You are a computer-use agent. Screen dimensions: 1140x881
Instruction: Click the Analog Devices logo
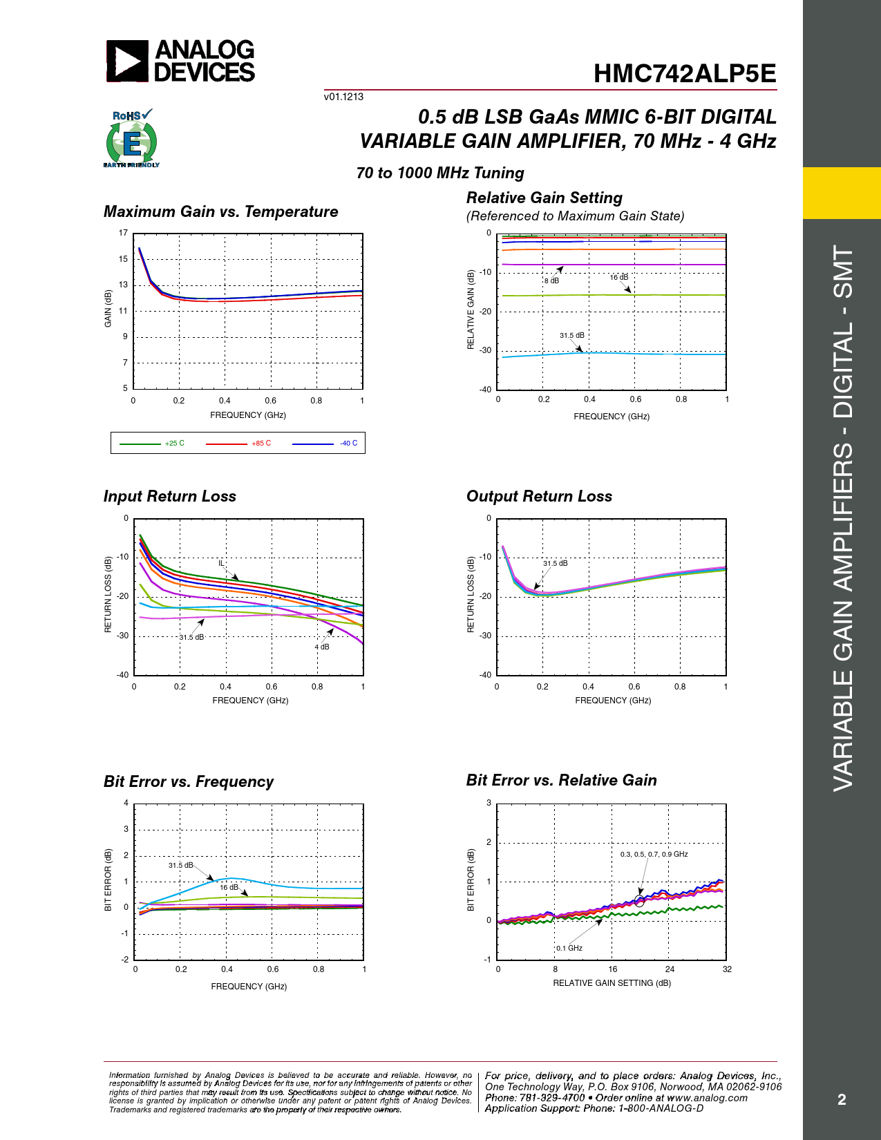click(x=180, y=61)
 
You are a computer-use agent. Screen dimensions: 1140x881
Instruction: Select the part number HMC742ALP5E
click(x=684, y=74)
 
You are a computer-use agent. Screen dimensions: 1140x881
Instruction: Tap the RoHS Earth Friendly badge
click(x=131, y=139)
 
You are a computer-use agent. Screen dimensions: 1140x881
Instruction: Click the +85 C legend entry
click(x=261, y=444)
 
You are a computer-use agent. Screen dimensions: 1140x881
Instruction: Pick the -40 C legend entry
click(x=349, y=444)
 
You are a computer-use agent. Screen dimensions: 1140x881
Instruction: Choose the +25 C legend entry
click(x=175, y=444)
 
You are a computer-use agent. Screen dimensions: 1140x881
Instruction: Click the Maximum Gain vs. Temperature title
click(x=221, y=212)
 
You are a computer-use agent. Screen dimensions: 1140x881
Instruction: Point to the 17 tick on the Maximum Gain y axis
click(x=123, y=233)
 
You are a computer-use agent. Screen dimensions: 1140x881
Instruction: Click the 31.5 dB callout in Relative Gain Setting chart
click(x=571, y=336)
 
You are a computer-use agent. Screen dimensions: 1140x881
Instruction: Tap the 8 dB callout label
click(x=551, y=281)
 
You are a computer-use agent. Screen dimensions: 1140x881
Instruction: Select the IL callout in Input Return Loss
click(x=222, y=563)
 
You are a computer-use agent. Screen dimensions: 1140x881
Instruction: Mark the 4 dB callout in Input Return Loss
click(x=322, y=647)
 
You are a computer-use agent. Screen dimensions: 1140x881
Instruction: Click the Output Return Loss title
click(x=539, y=497)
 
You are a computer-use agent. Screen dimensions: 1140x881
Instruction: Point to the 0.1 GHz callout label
click(x=569, y=948)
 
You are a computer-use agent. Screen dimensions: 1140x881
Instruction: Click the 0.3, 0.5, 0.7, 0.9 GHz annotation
click(x=654, y=855)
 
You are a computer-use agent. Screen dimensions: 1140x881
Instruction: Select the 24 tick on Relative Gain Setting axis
click(x=670, y=969)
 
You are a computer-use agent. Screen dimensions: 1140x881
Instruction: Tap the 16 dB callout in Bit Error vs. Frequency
click(x=229, y=887)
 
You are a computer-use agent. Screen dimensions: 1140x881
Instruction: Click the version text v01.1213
click(x=343, y=97)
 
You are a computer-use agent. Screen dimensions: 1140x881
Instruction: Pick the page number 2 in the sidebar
click(x=842, y=1099)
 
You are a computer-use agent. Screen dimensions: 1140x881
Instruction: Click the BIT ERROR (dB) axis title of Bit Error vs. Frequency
click(x=108, y=880)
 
